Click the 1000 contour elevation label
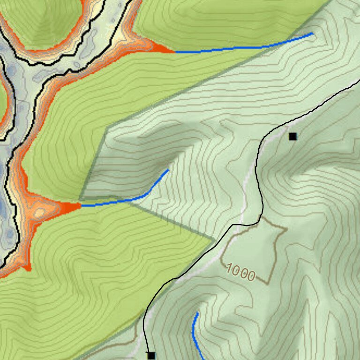pos(241,272)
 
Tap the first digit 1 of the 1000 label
pos(230,269)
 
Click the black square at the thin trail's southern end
pos(151,355)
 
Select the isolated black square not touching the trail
pos(293,136)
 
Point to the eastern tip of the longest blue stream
pos(313,33)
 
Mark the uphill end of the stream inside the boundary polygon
pos(168,170)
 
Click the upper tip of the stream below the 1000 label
pos(198,313)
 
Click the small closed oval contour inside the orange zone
pos(39,213)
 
